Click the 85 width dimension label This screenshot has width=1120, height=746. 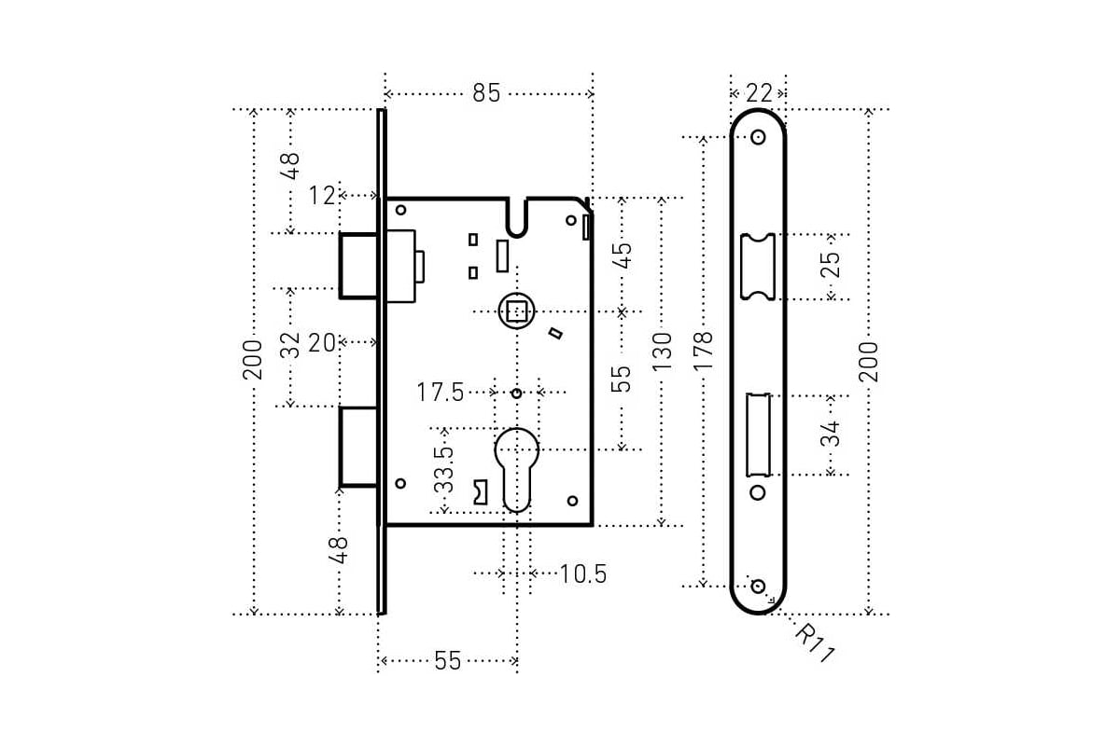[486, 93]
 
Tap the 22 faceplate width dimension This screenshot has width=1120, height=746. [759, 93]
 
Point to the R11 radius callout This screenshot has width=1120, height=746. [814, 643]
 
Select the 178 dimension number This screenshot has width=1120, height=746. [704, 352]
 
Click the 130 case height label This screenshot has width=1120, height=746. [662, 352]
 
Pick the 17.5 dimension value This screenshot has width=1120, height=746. [441, 393]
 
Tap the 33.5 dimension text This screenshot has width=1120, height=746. [445, 469]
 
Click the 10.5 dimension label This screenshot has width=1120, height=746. [583, 573]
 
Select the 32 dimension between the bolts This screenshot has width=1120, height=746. [291, 345]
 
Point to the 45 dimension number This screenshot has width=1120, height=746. [622, 254]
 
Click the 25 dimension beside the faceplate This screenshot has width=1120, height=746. [830, 265]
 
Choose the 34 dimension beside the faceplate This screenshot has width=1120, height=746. [830, 434]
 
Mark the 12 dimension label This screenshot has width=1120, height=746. [321, 196]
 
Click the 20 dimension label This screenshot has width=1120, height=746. [321, 343]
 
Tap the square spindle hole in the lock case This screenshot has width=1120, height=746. [516, 311]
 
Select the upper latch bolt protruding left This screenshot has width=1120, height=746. [358, 265]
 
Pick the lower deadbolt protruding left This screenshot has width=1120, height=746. [358, 446]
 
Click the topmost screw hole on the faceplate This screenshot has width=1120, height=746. [757, 137]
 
